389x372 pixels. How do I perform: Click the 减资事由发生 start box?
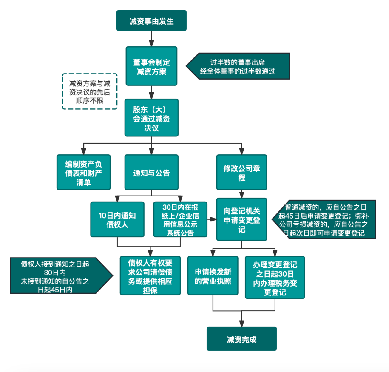tap(151, 21)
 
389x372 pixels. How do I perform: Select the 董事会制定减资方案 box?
tap(151, 66)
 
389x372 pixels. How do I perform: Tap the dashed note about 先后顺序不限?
tap(90, 91)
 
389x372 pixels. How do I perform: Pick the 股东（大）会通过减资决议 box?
tap(151, 118)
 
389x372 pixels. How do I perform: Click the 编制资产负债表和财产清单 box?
tap(84, 172)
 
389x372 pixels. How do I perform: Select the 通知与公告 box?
tap(151, 172)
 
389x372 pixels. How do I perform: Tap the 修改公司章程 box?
tap(241, 172)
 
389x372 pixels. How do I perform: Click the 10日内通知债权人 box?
tap(117, 219)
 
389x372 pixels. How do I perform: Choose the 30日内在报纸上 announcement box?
tap(180, 219)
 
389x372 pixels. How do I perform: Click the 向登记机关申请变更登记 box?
tap(241, 219)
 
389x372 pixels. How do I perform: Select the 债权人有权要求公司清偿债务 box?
tap(150, 275)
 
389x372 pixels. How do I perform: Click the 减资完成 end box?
tap(241, 338)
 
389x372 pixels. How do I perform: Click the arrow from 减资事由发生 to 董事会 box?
tap(151, 39)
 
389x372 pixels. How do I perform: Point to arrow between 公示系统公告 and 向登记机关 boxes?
tap(212, 219)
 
